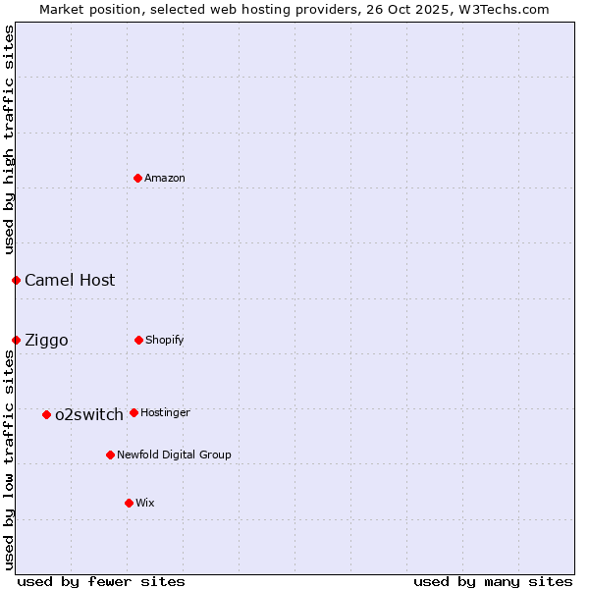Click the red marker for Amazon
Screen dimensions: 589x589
138,178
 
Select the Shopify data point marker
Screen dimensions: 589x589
138,340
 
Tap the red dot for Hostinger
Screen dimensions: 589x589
134,412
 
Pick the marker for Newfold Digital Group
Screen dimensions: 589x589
110,455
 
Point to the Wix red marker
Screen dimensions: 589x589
129,503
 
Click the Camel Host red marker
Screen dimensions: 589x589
16,280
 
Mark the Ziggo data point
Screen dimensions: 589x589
16,340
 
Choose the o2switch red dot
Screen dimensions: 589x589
46,414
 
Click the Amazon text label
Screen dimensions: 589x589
165,178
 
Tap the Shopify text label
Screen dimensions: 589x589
165,340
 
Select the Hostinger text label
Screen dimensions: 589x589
165,412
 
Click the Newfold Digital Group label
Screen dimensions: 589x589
174,455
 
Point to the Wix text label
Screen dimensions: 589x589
145,503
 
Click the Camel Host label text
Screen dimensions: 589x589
70,280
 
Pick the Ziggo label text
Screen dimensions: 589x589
46,340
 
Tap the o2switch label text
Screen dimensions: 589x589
89,414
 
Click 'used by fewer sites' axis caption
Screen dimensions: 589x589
101,581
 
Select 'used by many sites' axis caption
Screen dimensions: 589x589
493,581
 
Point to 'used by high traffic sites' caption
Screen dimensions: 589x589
9,140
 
